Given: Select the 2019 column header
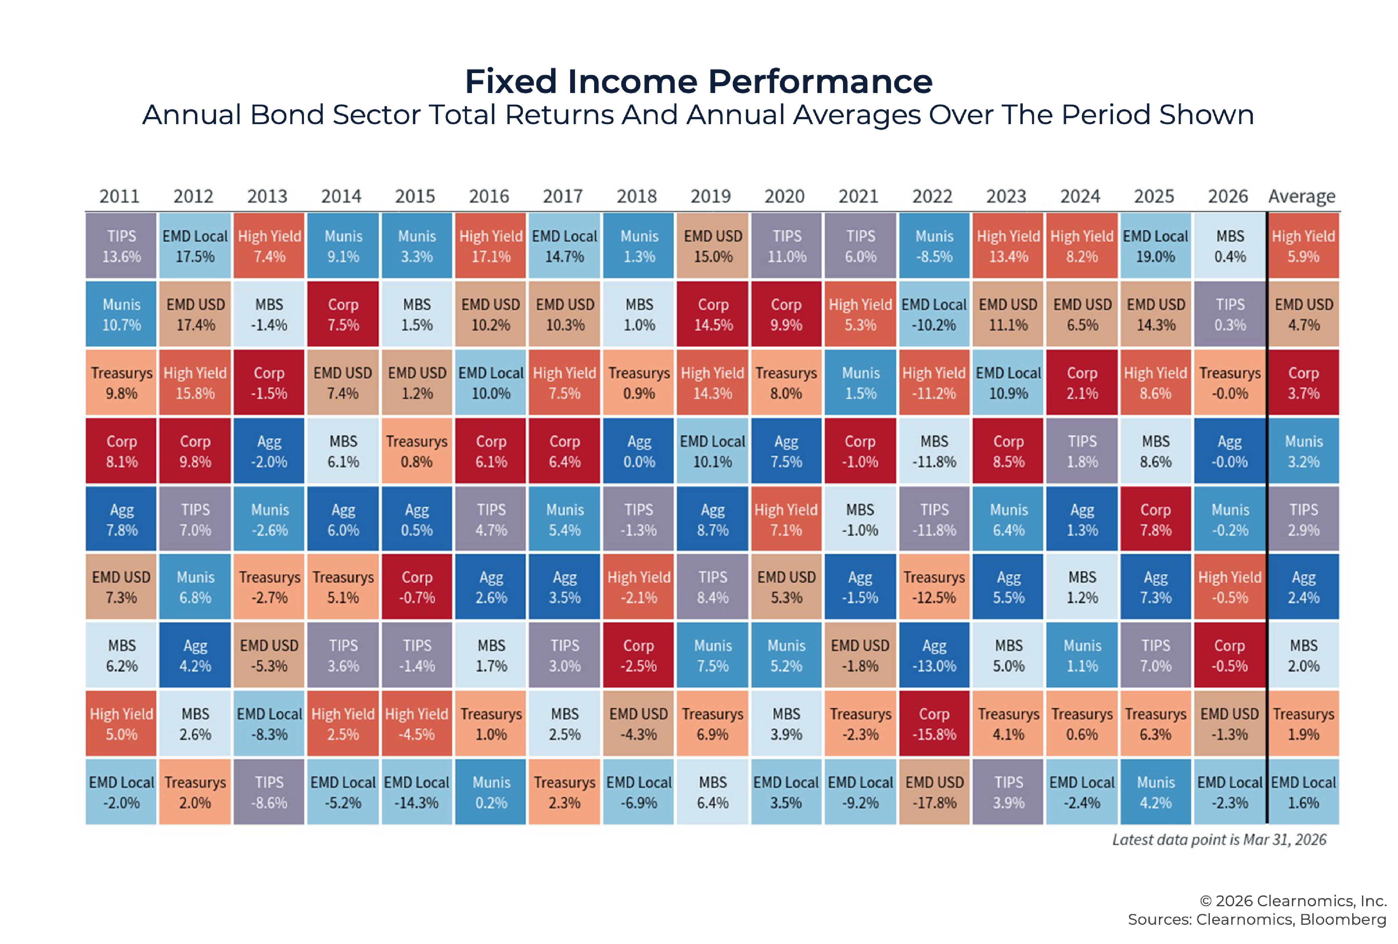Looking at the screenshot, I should click(711, 196).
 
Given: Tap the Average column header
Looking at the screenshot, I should click(1302, 196).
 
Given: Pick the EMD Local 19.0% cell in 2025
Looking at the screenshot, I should click(1155, 246).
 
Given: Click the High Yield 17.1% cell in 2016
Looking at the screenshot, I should click(490, 246).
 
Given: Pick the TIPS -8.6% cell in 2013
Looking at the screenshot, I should click(269, 792).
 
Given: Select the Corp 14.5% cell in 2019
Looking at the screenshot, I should click(713, 315).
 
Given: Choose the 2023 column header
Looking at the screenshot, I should click(1006, 196).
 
